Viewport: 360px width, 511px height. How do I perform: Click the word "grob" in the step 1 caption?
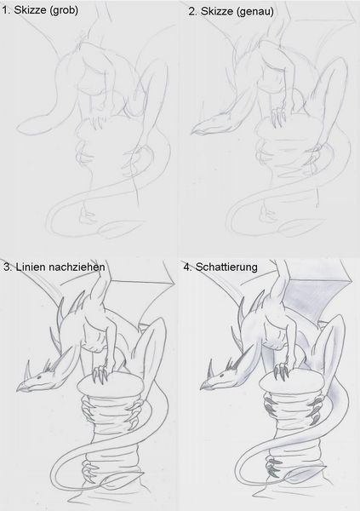coord(65,10)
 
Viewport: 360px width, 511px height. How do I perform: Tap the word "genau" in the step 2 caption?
coord(256,11)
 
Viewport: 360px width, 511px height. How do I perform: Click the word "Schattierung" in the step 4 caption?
coord(226,267)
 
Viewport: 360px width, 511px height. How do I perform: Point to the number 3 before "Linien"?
coord(7,267)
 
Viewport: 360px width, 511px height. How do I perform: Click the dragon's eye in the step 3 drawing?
coord(39,377)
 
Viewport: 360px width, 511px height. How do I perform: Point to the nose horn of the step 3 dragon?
coord(27,369)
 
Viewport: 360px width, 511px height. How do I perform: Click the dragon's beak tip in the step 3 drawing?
coord(19,389)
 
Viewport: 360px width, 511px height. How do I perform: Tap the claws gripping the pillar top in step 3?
coord(100,374)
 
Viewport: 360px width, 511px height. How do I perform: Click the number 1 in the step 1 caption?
coord(4,10)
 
